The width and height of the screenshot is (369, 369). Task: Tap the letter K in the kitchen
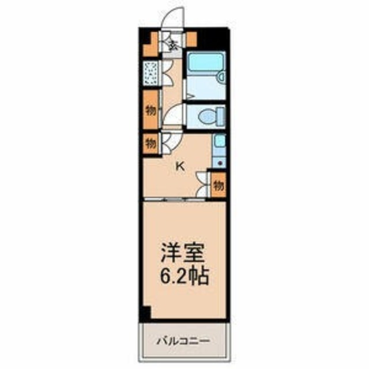tap(180, 167)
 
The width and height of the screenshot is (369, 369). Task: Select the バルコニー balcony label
tap(183, 341)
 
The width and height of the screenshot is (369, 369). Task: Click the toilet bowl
tap(206, 117)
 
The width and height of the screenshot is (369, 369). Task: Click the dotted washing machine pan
tap(150, 73)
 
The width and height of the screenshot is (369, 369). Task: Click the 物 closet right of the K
tap(219, 186)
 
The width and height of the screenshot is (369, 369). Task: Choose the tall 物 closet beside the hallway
tap(150, 110)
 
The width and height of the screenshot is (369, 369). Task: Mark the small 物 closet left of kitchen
tap(150, 142)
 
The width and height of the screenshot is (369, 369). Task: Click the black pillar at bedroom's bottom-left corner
tap(145, 314)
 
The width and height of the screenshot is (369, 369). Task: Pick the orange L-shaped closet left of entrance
tap(150, 43)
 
